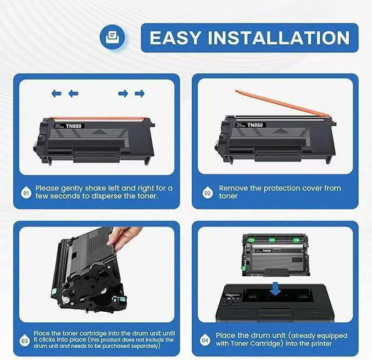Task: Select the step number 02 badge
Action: tap(208, 192)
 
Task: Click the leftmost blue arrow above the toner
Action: tap(56, 93)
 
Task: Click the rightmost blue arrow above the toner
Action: tap(139, 93)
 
